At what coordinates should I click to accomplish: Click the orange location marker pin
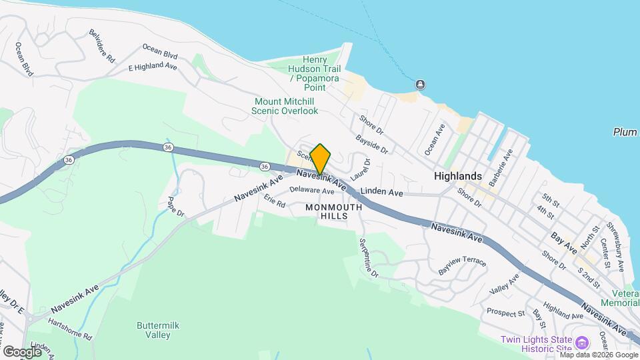(x=321, y=159)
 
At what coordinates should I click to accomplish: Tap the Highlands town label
(x=457, y=176)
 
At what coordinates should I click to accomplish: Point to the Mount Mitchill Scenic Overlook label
(x=286, y=106)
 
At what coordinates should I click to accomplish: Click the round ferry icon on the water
(x=421, y=85)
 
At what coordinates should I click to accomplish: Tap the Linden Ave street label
(x=382, y=193)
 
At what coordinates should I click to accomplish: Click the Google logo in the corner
(x=22, y=351)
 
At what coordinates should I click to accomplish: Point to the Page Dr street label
(x=175, y=205)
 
